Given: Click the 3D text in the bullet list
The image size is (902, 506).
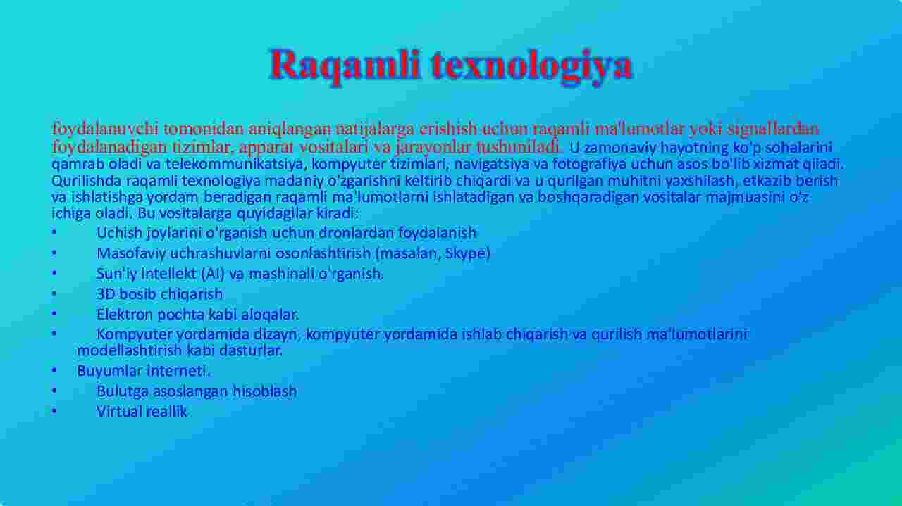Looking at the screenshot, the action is coord(106,294).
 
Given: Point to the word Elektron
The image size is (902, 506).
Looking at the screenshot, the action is coord(125,314).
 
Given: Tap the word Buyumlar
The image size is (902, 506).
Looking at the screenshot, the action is coord(109,371).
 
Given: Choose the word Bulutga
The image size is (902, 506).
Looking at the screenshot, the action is coord(123,391).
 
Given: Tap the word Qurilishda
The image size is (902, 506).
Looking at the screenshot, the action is coord(86,181).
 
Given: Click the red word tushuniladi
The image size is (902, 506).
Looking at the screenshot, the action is coord(518,148).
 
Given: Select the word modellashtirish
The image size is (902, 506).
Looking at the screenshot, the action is coord(129,350).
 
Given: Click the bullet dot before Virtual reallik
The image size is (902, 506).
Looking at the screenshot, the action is coord(54,412).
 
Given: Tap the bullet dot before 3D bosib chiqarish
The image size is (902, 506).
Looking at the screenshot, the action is coord(54,294).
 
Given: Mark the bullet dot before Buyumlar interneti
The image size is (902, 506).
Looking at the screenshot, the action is coord(54,371).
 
